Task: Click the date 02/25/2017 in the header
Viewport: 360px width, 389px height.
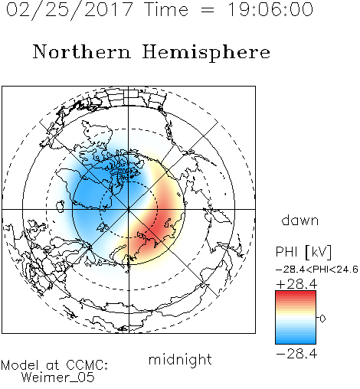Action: [x=70, y=10]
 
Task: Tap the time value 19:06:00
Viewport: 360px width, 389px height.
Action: [x=270, y=9]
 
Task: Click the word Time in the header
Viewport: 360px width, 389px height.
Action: [x=166, y=9]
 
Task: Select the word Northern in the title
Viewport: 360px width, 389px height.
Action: [x=82, y=51]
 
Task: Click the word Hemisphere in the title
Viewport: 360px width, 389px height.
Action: [x=206, y=53]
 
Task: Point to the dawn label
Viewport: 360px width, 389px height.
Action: [x=299, y=220]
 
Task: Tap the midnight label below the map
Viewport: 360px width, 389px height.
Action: [x=180, y=359]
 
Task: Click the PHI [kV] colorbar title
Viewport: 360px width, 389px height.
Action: [x=303, y=252]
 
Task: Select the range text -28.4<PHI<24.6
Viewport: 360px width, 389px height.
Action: [x=316, y=270]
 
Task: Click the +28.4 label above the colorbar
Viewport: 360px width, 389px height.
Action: [x=296, y=284]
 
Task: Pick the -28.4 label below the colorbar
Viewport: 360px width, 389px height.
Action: [x=296, y=354]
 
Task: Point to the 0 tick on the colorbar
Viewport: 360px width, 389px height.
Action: [x=322, y=319]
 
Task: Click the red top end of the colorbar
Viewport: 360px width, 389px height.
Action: [x=296, y=293]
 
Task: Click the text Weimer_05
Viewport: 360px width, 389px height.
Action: [x=58, y=378]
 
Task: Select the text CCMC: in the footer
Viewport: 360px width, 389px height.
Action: [x=87, y=365]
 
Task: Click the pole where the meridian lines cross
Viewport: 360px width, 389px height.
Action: [x=128, y=209]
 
